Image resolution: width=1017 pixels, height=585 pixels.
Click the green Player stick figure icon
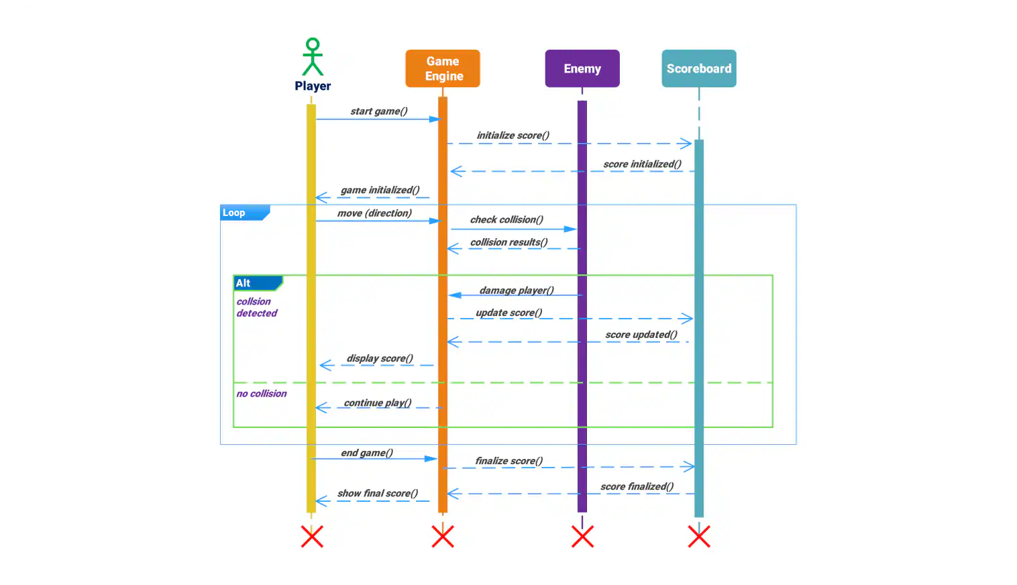pyautogui.click(x=313, y=57)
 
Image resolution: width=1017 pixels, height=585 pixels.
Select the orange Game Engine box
pyautogui.click(x=443, y=68)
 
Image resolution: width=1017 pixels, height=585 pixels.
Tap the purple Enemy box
pyautogui.click(x=582, y=68)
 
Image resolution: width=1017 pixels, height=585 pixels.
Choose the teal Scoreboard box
pyautogui.click(x=699, y=68)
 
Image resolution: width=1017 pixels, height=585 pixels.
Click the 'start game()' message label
pyautogui.click(x=378, y=111)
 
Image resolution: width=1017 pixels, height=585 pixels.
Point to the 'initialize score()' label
pyautogui.click(x=513, y=136)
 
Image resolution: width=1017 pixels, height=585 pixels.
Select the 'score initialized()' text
pyautogui.click(x=642, y=164)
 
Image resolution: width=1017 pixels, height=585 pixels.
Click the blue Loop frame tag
pyautogui.click(x=244, y=213)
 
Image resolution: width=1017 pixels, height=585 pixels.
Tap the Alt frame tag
pyautogui.click(x=257, y=283)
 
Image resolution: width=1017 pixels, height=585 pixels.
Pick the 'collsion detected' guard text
pyautogui.click(x=256, y=307)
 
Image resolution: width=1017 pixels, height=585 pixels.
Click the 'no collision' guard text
pyautogui.click(x=261, y=394)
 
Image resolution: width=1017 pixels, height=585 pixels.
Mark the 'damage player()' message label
pyautogui.click(x=517, y=290)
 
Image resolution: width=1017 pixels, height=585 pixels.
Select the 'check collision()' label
pyautogui.click(x=506, y=220)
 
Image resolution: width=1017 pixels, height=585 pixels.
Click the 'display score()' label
pyautogui.click(x=380, y=358)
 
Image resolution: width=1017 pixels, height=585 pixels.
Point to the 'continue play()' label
pyautogui.click(x=377, y=403)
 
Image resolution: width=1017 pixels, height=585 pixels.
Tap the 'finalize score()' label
pyautogui.click(x=508, y=461)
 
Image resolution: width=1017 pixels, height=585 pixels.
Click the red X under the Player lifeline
pyautogui.click(x=312, y=537)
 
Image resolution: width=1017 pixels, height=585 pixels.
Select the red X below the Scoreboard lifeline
pyautogui.click(x=699, y=537)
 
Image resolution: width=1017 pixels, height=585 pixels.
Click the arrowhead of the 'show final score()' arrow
pyautogui.click(x=321, y=501)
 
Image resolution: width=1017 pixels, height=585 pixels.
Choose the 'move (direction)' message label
pyautogui.click(x=374, y=213)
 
